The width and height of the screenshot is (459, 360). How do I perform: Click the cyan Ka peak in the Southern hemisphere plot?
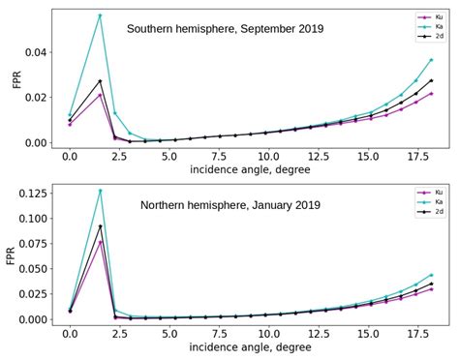pyautogui.click(x=100, y=15)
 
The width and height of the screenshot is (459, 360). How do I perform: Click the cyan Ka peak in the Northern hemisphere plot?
pyautogui.click(x=100, y=191)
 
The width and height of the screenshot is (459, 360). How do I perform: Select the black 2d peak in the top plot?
pyautogui.click(x=100, y=81)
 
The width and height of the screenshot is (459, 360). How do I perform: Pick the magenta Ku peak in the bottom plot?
pyautogui.click(x=100, y=242)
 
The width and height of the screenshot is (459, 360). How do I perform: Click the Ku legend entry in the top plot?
pyautogui.click(x=421, y=16)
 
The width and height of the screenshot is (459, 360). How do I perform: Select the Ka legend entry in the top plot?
pyautogui.click(x=421, y=26)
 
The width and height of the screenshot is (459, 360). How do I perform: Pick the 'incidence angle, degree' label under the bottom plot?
pyautogui.click(x=250, y=346)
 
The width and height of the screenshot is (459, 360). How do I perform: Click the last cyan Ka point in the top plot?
pyautogui.click(x=431, y=60)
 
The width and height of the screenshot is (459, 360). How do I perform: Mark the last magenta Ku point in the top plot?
pyautogui.click(x=431, y=94)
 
